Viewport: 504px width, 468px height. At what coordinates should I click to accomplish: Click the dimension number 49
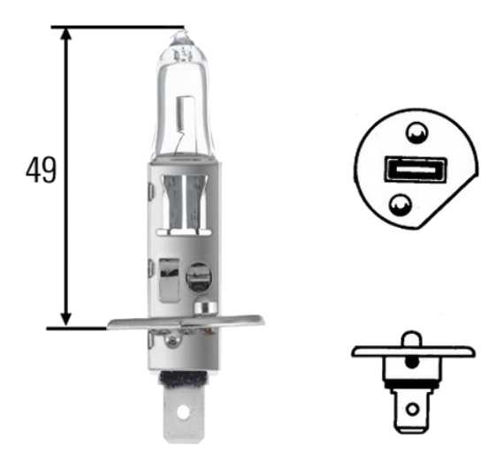click(41, 170)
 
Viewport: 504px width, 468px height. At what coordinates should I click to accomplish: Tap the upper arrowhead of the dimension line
click(66, 34)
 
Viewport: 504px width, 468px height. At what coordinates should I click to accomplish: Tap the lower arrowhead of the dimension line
click(66, 319)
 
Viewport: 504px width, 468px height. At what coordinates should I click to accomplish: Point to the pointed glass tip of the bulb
click(182, 34)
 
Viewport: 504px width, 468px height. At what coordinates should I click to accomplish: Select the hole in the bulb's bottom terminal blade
click(184, 411)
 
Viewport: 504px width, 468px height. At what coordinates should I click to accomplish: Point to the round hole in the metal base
click(198, 276)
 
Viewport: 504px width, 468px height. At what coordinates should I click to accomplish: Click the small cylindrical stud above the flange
click(206, 309)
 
